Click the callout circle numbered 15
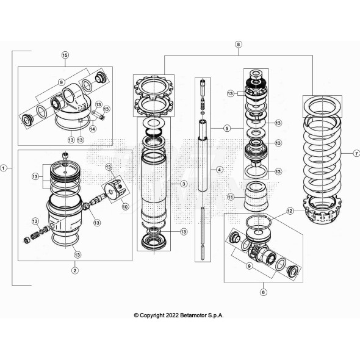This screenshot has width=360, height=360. coord(65,55)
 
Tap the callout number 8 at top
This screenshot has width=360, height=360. coord(239,45)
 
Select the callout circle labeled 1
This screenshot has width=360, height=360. coord(3,168)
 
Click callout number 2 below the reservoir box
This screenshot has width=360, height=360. coord(74,270)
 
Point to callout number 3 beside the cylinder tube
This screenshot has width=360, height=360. coord(184,184)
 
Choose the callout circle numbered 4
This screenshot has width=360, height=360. coord(220,170)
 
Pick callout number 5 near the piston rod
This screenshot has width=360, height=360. coord(227,128)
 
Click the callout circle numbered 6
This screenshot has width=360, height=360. coord(264,292)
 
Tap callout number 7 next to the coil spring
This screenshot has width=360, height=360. coord(356,153)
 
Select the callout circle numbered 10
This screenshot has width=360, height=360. coord(125,207)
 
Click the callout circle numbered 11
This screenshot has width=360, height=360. coord(231,197)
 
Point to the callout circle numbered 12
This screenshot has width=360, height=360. coord(290,211)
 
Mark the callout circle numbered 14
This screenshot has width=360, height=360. coord(93,129)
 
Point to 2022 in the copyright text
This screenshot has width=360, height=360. coord(172,315)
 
